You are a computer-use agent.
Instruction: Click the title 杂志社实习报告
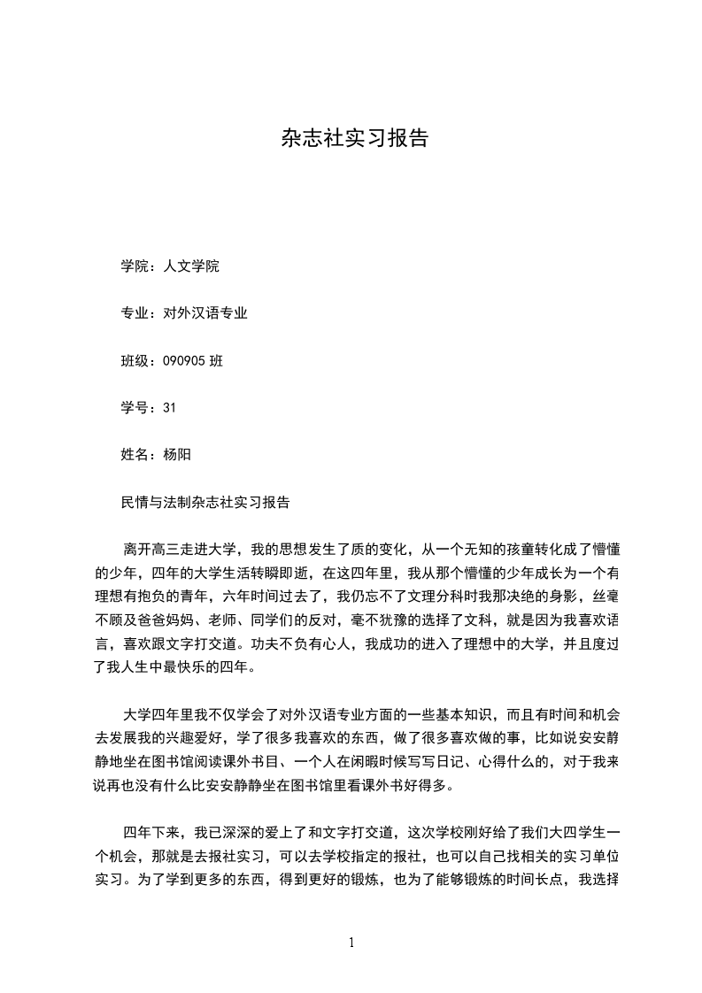tap(354, 138)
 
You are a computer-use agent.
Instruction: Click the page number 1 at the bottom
tap(352, 942)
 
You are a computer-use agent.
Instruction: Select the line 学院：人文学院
tap(169, 266)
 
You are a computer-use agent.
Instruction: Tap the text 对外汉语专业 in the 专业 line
tap(205, 312)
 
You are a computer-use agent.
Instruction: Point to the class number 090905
tap(184, 360)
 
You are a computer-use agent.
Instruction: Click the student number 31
tap(170, 407)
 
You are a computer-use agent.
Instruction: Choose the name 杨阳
tap(177, 454)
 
